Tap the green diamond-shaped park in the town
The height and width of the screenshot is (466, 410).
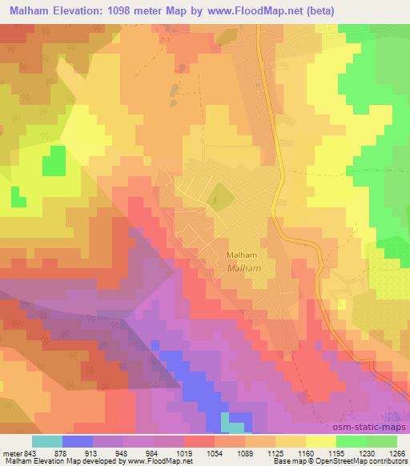tap(216, 194)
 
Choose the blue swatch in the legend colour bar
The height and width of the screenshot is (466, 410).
tap(77, 440)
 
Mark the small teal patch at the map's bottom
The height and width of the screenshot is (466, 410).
tap(234, 423)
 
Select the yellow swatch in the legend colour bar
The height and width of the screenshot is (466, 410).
tap(321, 440)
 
